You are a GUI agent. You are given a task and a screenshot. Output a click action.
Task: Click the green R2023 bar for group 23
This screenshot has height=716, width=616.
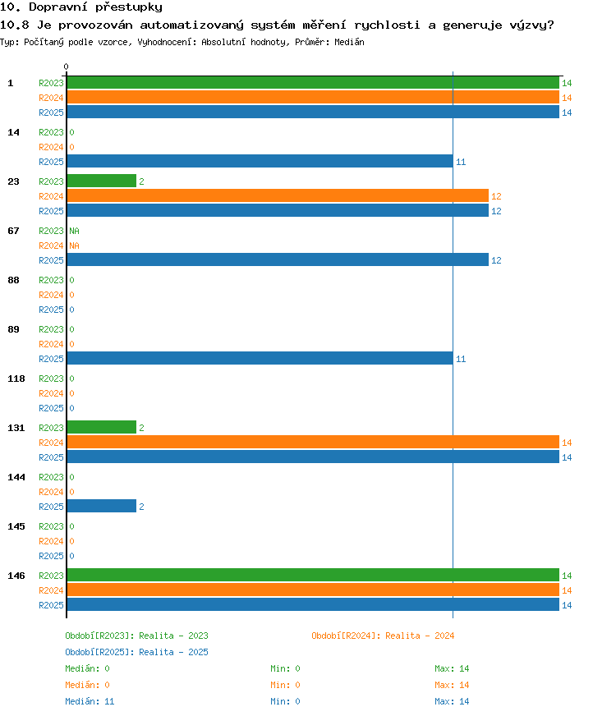tap(101, 181)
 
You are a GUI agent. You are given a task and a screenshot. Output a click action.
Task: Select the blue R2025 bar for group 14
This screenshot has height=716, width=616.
tap(260, 161)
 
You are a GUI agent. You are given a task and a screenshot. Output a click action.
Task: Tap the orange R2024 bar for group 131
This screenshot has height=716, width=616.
tap(313, 442)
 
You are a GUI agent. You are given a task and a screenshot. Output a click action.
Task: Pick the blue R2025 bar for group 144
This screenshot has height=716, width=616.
tap(101, 506)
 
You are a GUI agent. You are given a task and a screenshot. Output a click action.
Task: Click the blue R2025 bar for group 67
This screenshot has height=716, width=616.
tap(278, 259)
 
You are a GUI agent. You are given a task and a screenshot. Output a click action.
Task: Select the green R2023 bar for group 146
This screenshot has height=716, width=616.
tap(313, 575)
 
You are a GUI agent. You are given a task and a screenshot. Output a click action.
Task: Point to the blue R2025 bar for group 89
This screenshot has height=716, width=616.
tap(260, 358)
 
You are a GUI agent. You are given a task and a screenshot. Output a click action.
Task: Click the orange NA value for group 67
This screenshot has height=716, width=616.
tap(75, 246)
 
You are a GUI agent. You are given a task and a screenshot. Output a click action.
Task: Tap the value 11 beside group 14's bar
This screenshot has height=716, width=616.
tap(461, 162)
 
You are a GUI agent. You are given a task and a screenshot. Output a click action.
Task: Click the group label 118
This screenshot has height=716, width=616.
tap(16, 379)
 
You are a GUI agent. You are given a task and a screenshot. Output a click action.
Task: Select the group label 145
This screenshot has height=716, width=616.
tap(16, 526)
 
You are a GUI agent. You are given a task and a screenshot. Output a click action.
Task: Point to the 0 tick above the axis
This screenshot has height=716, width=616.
tap(67, 67)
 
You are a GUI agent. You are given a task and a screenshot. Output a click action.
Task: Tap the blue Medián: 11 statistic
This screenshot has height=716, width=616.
tap(90, 701)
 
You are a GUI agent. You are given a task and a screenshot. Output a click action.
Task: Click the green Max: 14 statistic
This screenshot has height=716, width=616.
tap(452, 668)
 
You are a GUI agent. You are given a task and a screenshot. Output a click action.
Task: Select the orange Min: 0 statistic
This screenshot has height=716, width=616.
tap(285, 685)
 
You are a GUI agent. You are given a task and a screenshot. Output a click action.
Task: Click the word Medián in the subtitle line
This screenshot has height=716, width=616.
tap(349, 42)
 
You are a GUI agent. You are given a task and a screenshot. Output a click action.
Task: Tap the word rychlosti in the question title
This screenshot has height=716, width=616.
tap(387, 25)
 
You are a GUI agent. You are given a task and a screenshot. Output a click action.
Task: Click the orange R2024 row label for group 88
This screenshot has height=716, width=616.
tap(51, 295)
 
